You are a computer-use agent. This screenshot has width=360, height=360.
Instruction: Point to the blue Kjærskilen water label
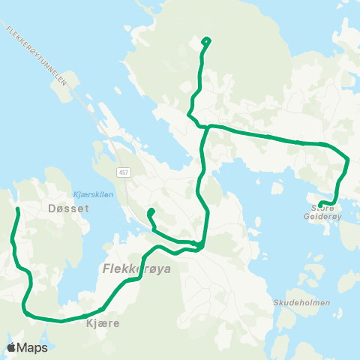pos(94,192)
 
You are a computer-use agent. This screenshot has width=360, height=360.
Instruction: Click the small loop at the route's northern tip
pos(206,41)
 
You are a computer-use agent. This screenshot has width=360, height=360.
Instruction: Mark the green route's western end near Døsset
pos(16,208)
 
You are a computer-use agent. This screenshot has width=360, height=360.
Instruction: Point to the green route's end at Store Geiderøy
pos(320,205)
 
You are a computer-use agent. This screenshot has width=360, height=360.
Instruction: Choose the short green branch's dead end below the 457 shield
pos(151,211)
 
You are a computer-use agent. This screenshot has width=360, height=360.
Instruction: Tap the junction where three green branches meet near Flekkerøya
pos(200,244)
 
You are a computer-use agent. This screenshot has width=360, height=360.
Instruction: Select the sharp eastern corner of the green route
pos(349,158)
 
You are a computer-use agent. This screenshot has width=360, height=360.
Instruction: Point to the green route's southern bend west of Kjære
pos(27,310)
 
